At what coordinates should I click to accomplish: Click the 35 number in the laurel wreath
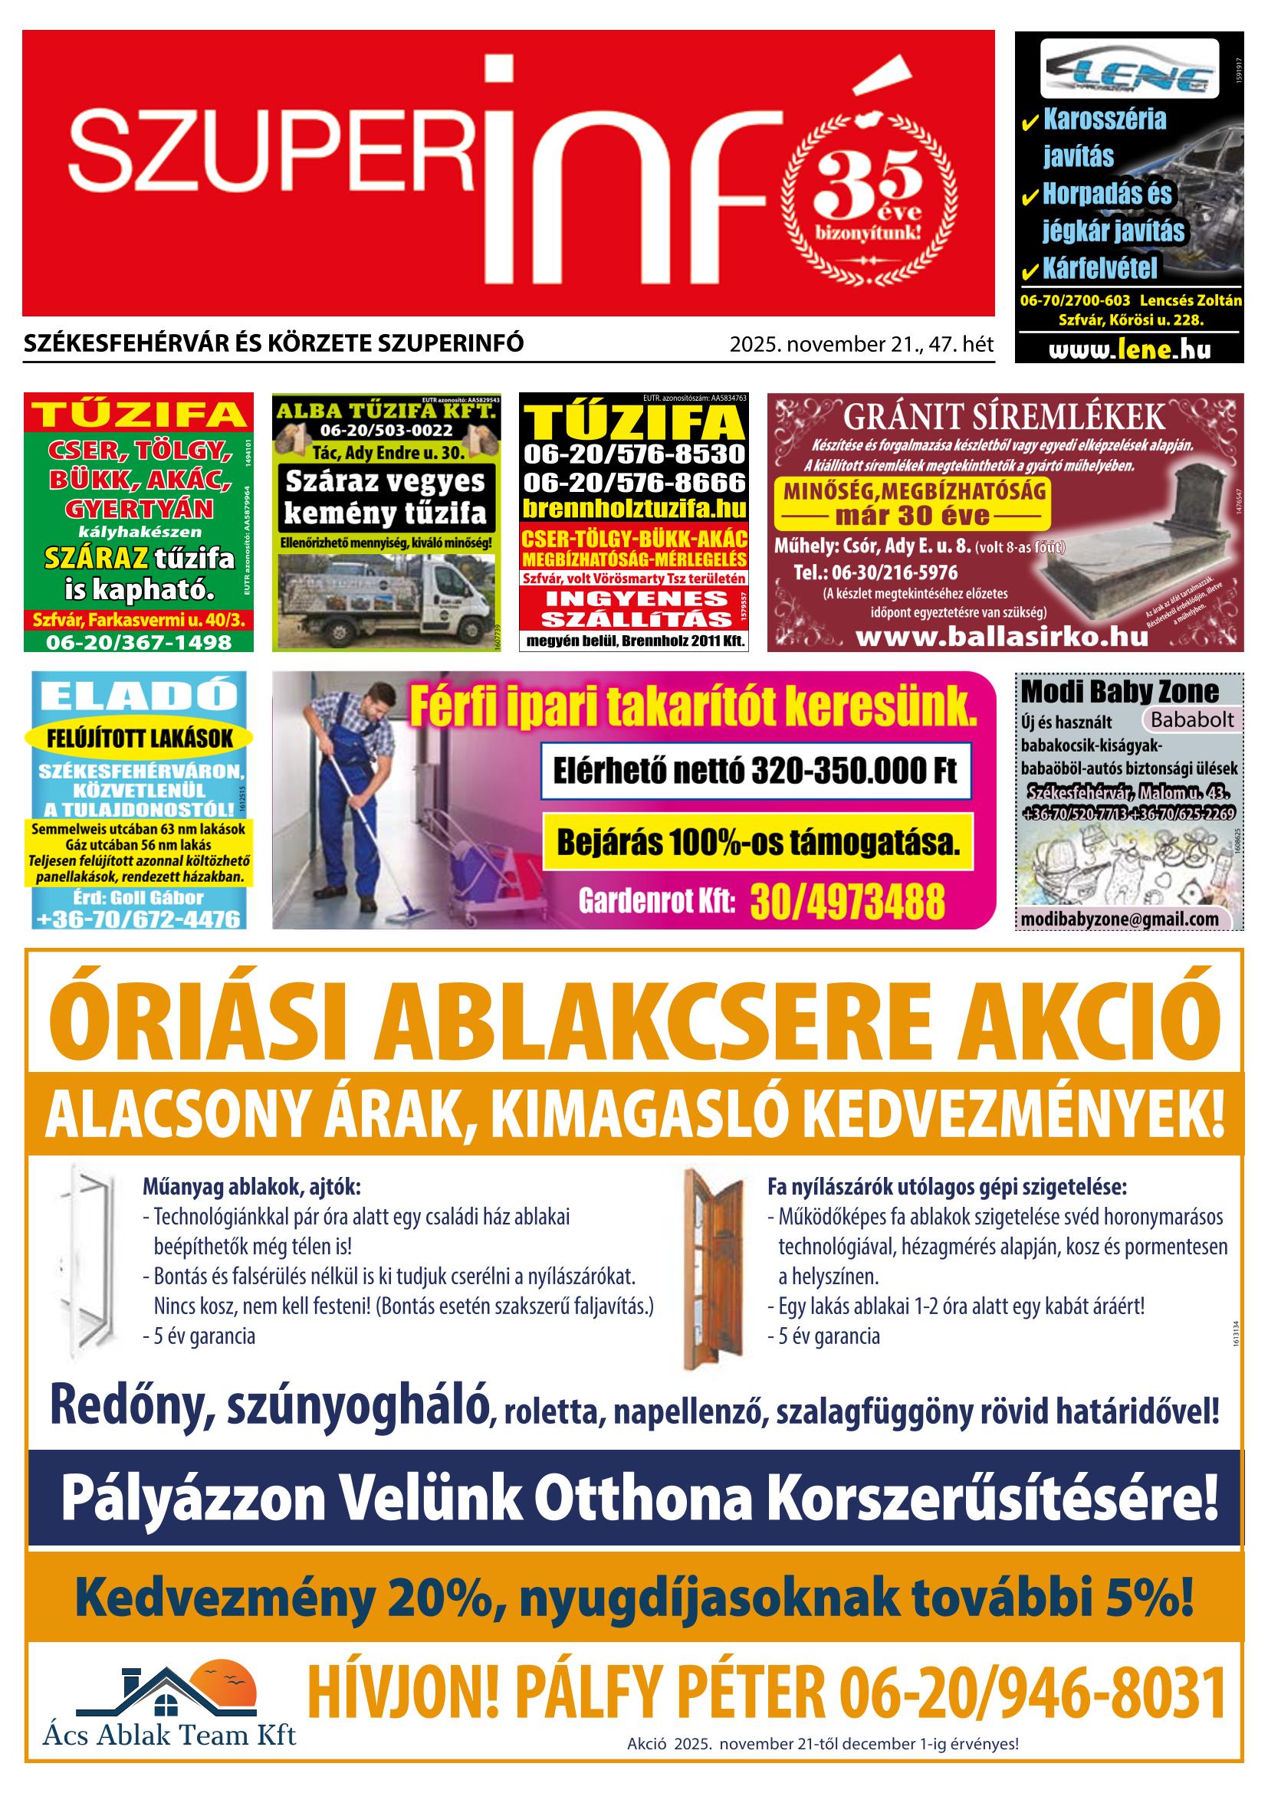(868, 185)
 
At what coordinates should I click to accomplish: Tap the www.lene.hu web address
(1129, 349)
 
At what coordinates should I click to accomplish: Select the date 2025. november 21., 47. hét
(861, 344)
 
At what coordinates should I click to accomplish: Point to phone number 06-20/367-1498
(139, 642)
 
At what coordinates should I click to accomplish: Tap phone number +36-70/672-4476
(139, 919)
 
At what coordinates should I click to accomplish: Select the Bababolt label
(1191, 719)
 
